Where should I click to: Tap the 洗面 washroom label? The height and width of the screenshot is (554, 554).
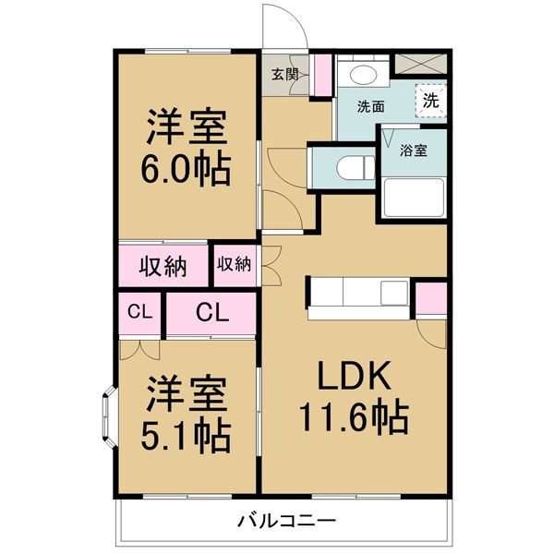(x=372, y=105)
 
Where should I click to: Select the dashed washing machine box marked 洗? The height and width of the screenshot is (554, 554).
(x=431, y=102)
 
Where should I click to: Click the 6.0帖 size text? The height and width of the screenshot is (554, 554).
(x=186, y=169)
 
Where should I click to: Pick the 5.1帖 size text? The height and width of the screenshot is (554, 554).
(x=186, y=436)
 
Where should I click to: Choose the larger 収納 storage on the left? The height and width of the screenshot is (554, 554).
(x=163, y=266)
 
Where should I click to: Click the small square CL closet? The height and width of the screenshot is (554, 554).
(x=139, y=313)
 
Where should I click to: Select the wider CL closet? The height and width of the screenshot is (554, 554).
(x=211, y=313)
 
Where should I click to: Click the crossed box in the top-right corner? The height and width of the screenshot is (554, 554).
(x=421, y=65)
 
